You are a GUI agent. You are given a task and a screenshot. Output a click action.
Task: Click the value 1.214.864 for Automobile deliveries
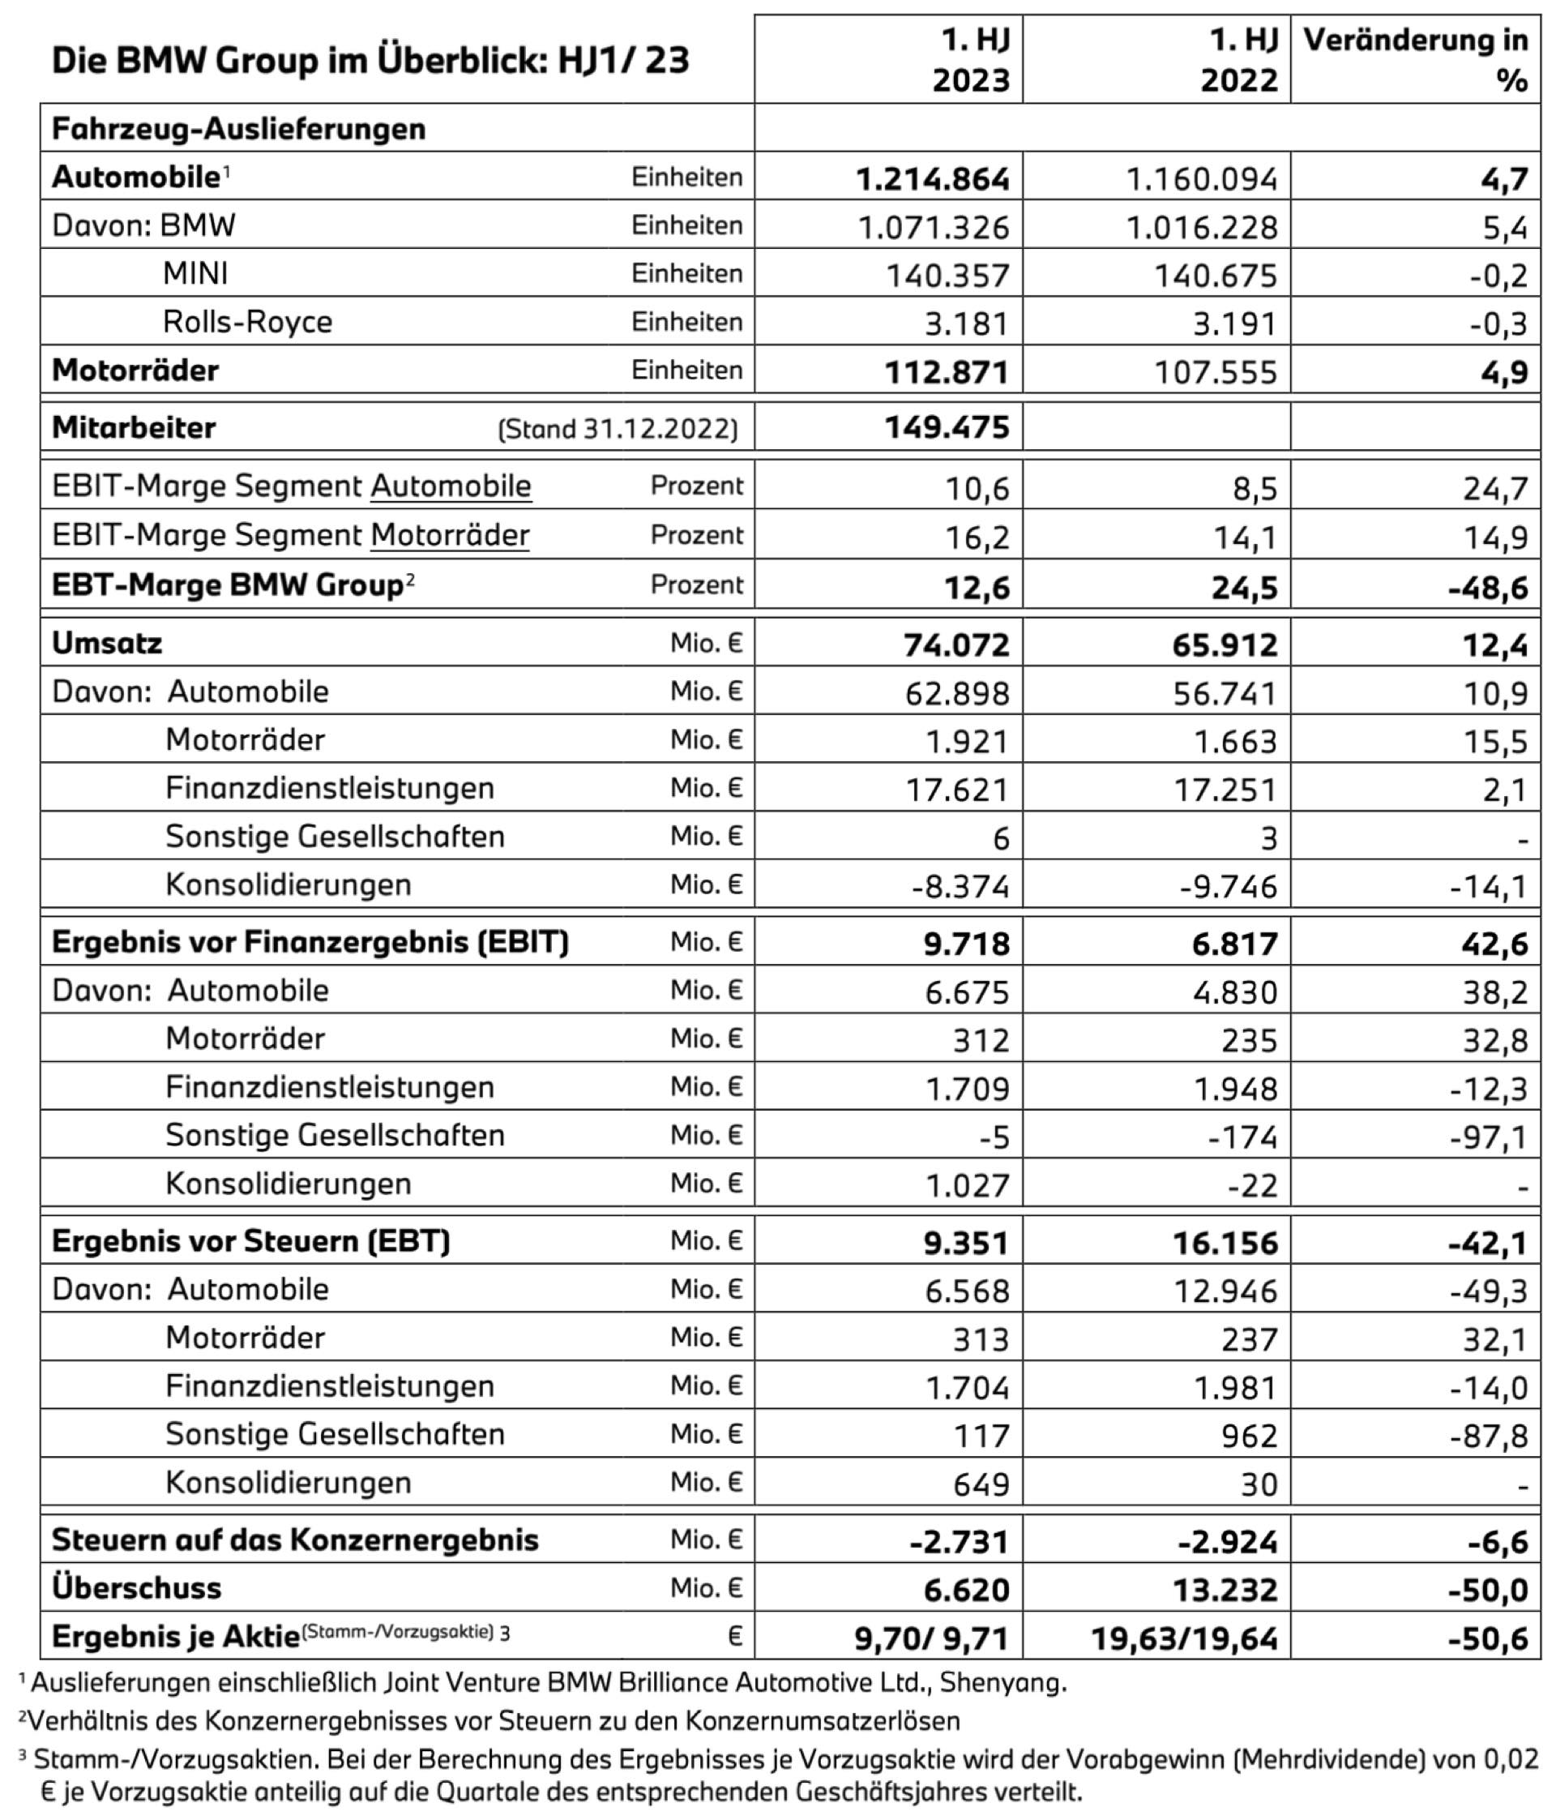coord(933,179)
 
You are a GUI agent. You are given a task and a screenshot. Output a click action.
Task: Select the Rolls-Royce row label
coord(248,323)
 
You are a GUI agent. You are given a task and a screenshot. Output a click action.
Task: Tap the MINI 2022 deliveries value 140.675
coord(1216,276)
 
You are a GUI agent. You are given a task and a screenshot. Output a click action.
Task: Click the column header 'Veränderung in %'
coord(1416,60)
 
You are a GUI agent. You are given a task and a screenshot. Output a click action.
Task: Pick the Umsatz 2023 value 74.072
coord(956,644)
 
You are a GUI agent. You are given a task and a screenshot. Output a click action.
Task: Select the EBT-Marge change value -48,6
coord(1489,587)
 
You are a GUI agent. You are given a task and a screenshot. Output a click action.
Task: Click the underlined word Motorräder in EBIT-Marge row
coord(450,535)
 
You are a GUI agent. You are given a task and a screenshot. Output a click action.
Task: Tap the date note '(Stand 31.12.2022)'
coord(618,430)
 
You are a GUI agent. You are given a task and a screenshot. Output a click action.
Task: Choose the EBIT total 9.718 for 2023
coord(967,944)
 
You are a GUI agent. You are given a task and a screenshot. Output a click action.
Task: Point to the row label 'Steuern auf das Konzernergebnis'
coord(295,1540)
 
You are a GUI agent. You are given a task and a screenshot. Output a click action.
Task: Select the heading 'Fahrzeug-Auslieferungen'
coord(239,129)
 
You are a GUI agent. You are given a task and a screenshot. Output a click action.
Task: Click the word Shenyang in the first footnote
coord(1002,1683)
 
